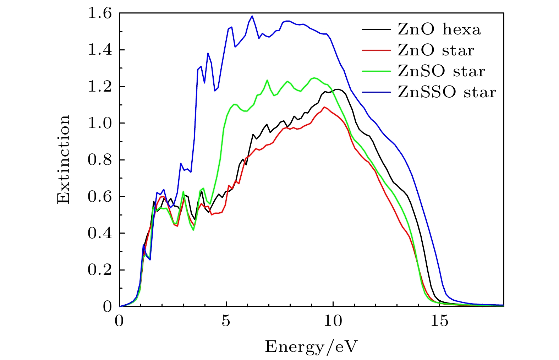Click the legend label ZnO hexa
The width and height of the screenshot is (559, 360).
[439, 29]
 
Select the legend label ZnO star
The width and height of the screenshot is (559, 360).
[436, 50]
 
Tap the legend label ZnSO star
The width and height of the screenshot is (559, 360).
[441, 71]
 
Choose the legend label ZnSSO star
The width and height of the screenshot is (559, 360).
[446, 92]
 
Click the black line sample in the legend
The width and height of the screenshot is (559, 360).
[376, 29]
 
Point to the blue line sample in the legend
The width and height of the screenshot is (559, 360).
[376, 92]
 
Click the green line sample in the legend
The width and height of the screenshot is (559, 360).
[376, 71]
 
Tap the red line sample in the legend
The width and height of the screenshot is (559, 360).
[376, 50]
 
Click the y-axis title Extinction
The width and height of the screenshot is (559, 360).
[64, 159]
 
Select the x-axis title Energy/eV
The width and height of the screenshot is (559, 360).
[311, 346]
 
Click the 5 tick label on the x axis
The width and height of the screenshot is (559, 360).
[226, 321]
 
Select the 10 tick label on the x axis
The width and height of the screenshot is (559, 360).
[333, 321]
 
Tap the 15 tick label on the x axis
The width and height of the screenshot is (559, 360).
[440, 321]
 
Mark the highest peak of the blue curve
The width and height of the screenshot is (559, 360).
[252, 16]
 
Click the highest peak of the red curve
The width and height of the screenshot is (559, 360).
[324, 107]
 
